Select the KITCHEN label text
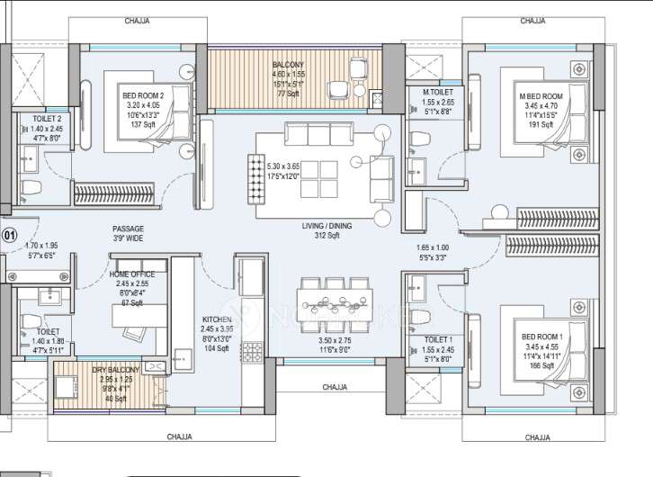218,319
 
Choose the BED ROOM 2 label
144,93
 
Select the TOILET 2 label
47,118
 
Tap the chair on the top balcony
338,88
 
